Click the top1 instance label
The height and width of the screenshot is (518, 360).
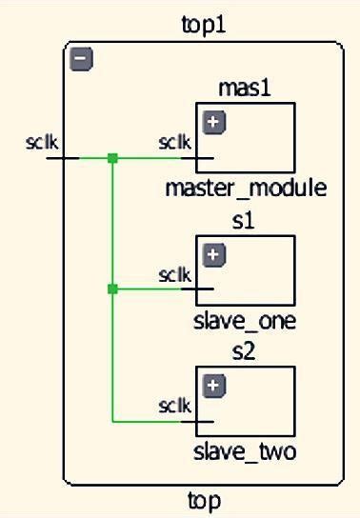pos(205,25)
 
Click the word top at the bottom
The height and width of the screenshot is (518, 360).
pos(205,499)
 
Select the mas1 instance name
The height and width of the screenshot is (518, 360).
pos(246,88)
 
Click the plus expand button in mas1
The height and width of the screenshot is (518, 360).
pos(215,122)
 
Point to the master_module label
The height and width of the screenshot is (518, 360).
pos(246,188)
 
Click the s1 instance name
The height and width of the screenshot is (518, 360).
pos(246,221)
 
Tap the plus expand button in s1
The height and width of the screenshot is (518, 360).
pos(215,254)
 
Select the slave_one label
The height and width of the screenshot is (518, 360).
pos(246,320)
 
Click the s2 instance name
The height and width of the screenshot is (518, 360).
pos(246,352)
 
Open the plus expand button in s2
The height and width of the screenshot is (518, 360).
pos(215,386)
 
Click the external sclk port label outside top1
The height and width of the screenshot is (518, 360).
pos(43,144)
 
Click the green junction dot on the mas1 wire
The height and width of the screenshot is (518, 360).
pos(112,158)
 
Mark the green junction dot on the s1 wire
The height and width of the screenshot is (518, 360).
pos(112,289)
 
